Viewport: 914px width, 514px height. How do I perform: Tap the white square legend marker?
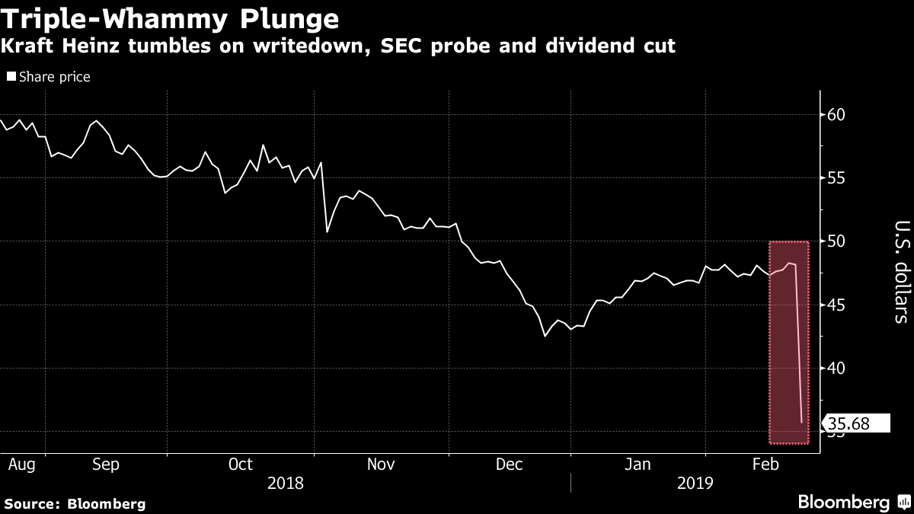pos(11,77)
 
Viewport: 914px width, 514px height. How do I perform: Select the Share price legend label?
pos(55,77)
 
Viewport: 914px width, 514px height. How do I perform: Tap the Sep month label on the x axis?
pos(105,465)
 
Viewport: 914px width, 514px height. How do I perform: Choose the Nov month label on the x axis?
pos(381,465)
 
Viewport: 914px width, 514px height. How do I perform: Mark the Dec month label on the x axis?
pos(509,465)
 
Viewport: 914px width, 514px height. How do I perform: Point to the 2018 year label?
pos(286,483)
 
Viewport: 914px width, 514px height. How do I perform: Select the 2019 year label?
pos(695,483)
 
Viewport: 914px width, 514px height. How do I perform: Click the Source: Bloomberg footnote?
pos(75,503)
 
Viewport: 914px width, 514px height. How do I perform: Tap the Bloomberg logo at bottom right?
pos(853,502)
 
